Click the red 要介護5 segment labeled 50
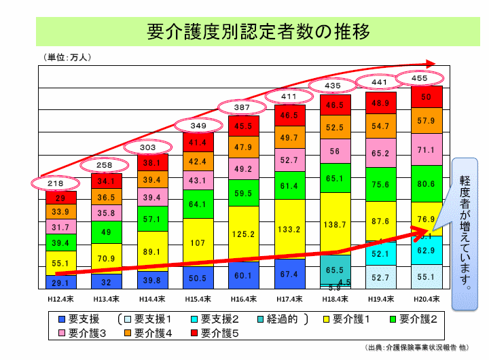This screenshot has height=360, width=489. [x=427, y=96]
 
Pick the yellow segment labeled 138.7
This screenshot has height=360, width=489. [x=336, y=223]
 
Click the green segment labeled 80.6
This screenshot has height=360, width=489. [x=427, y=183]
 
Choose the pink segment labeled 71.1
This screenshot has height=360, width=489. [x=427, y=149]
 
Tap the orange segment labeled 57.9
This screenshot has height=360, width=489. [x=427, y=121]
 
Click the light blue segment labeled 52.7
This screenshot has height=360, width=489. [x=381, y=276]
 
